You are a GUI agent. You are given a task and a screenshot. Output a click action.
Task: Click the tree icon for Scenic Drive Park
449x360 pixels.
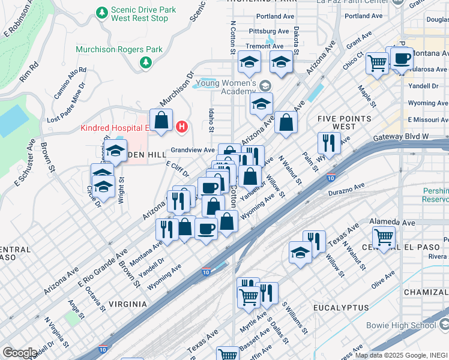(103, 13)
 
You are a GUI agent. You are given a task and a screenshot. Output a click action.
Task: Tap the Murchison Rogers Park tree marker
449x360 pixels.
(145, 62)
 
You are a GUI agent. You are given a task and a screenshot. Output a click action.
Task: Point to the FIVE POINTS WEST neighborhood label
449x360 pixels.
(344, 123)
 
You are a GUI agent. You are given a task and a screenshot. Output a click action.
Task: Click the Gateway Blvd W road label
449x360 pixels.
(402, 137)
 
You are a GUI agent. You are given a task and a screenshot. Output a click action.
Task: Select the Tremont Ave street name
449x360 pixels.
(268, 46)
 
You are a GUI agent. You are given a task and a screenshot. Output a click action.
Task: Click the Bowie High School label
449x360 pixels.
(401, 325)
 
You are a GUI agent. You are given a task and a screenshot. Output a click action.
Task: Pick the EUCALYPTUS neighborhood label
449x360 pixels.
(340, 307)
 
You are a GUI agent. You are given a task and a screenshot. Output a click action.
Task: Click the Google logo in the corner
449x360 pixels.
(19, 353)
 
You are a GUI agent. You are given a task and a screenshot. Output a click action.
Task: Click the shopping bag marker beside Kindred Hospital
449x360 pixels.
(161, 119)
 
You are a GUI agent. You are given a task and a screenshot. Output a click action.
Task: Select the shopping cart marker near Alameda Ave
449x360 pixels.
(383, 237)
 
